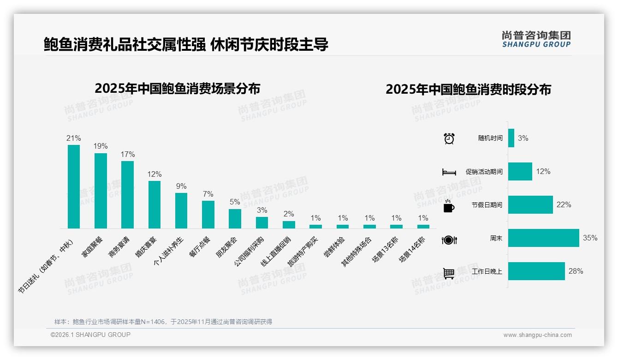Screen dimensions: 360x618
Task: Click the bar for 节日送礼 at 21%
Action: [x=74, y=186]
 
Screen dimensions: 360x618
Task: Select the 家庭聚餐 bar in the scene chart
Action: [x=101, y=191]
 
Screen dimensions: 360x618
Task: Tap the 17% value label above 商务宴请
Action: [x=128, y=154]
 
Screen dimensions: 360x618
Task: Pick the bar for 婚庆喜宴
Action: [x=154, y=204]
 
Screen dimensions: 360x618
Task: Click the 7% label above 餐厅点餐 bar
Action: [x=208, y=194]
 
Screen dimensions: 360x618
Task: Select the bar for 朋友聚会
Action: [x=235, y=219]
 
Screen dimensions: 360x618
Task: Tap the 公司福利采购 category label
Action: [x=250, y=252]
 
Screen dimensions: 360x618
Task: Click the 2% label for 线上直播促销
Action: [x=289, y=214]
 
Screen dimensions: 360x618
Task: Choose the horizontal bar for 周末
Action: [x=543, y=238]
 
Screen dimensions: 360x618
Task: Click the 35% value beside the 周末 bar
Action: [x=590, y=238]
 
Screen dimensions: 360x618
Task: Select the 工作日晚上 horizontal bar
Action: [x=536, y=271]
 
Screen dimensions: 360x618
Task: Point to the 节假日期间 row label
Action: [x=487, y=205]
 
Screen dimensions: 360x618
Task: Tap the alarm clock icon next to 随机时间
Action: [x=449, y=138]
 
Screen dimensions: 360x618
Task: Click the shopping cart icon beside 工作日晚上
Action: [x=449, y=273]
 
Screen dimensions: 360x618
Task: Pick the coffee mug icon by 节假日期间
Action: [x=449, y=206]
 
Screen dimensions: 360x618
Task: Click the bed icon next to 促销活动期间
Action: [x=449, y=172]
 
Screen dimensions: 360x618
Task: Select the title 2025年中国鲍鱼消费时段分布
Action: [x=468, y=89]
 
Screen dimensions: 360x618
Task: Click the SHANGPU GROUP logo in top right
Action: [x=536, y=39]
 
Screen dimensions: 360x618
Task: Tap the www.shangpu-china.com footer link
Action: [x=537, y=335]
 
